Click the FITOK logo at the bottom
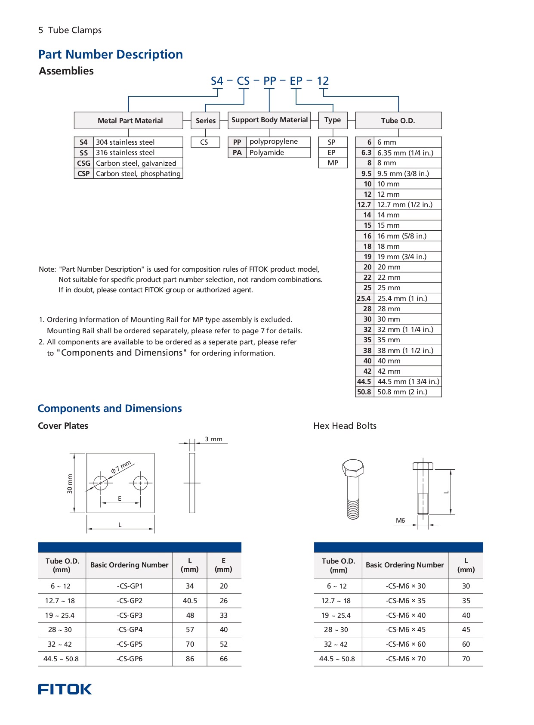[65, 689]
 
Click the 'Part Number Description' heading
[111, 54]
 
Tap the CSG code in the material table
[83, 163]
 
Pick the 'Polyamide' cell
[267, 152]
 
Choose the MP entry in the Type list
[333, 163]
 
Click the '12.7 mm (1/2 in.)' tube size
[404, 204]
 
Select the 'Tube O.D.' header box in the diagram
[398, 121]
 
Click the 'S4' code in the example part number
[217, 81]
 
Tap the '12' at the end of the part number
[323, 81]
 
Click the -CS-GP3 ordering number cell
[130, 615]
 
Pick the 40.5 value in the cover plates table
[190, 601]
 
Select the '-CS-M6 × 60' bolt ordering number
[405, 644]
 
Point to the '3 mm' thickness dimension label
[213, 439]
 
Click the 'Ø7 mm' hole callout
[121, 467]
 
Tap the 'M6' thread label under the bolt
[400, 521]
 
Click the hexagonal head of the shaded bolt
[353, 468]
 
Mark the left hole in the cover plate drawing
[101, 483]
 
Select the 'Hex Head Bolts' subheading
[345, 426]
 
